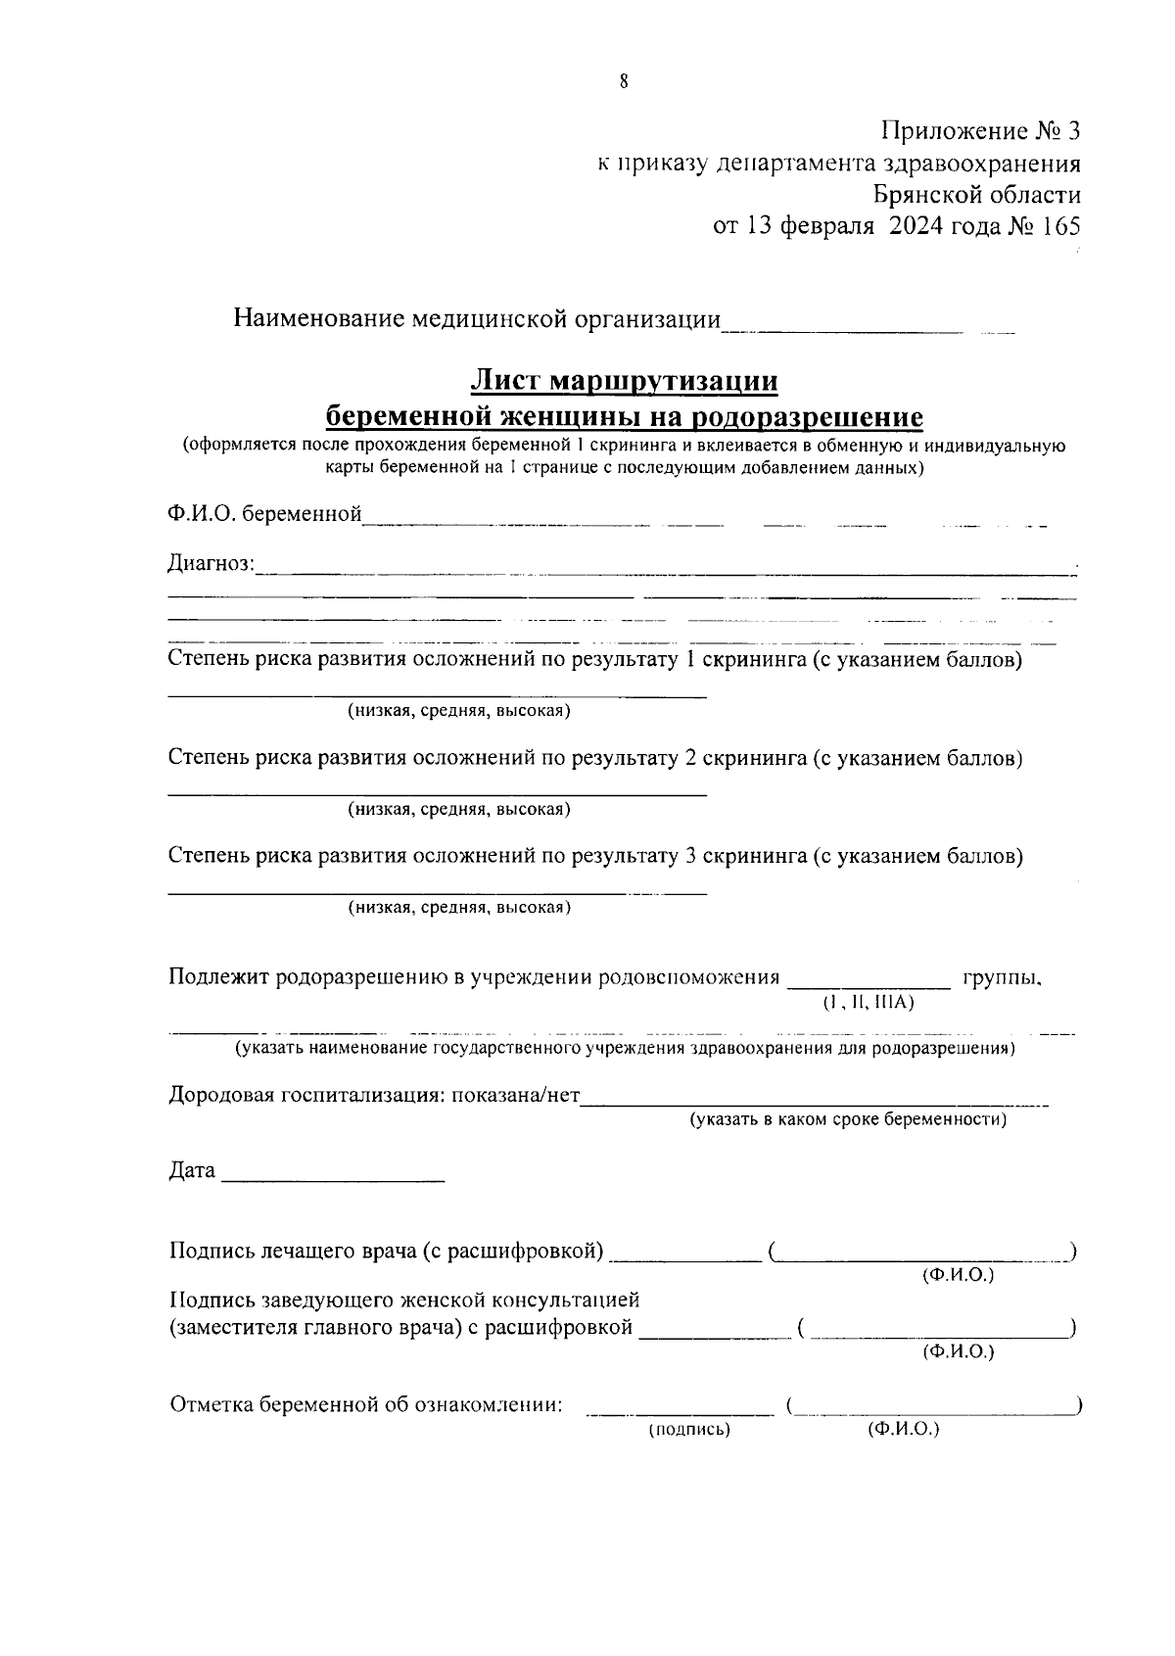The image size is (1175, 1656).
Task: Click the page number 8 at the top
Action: (624, 81)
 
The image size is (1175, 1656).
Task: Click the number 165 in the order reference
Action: (1059, 227)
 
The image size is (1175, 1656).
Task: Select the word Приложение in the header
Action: (951, 131)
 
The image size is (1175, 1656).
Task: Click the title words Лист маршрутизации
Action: (624, 380)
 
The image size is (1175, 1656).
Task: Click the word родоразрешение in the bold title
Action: (807, 417)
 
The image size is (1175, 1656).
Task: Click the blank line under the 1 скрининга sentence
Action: (437, 695)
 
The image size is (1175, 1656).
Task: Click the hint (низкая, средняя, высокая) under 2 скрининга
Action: (459, 809)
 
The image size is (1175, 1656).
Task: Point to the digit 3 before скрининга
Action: (690, 856)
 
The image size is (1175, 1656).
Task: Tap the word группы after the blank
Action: (1001, 977)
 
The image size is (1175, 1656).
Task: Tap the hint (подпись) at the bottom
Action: (689, 1430)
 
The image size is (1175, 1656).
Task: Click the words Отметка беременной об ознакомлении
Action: (366, 1405)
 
